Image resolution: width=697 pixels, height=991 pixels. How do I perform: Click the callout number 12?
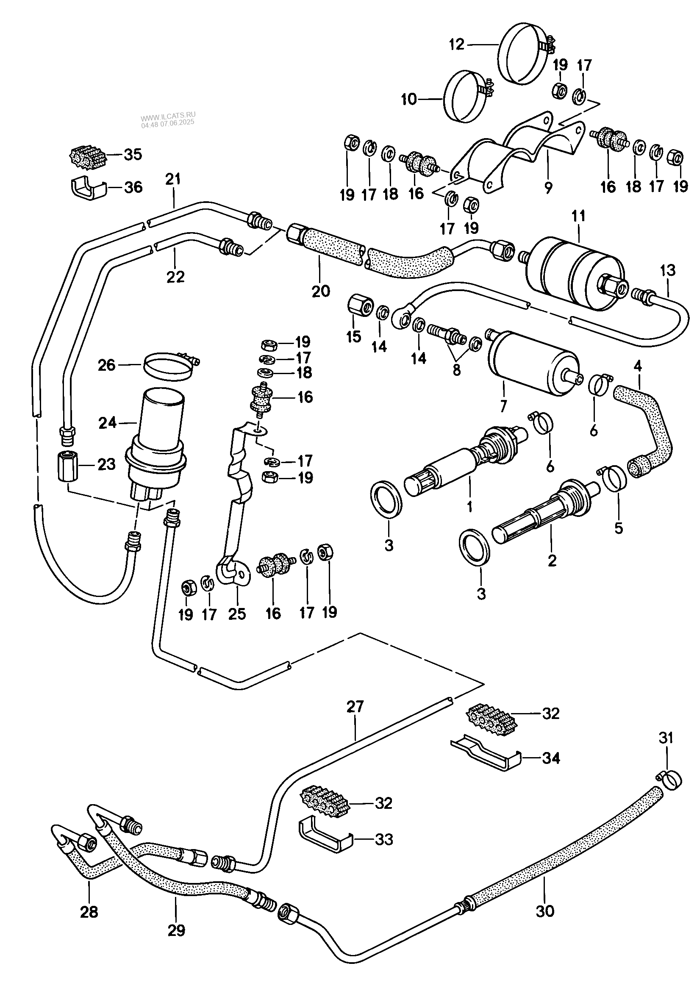[x=456, y=44]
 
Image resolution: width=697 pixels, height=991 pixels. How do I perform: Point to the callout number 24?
[x=108, y=422]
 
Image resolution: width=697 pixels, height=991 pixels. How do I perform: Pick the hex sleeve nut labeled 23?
[x=67, y=467]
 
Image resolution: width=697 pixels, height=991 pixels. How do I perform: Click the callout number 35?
[x=133, y=154]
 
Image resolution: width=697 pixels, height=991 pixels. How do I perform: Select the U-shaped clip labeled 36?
[x=88, y=188]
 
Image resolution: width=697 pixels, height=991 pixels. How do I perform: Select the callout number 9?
[x=549, y=188]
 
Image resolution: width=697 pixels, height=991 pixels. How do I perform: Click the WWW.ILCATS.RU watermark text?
[x=168, y=115]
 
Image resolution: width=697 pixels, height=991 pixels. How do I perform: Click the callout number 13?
[x=667, y=271]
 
